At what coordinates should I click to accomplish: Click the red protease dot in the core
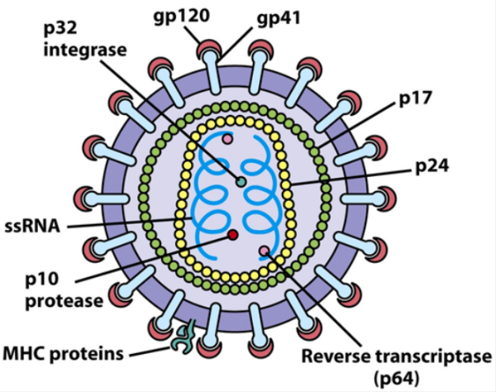click(x=233, y=236)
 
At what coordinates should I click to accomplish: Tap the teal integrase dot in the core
click(x=241, y=182)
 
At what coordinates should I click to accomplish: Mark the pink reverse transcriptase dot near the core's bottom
click(x=264, y=251)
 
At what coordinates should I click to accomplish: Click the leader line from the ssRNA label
click(x=124, y=222)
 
